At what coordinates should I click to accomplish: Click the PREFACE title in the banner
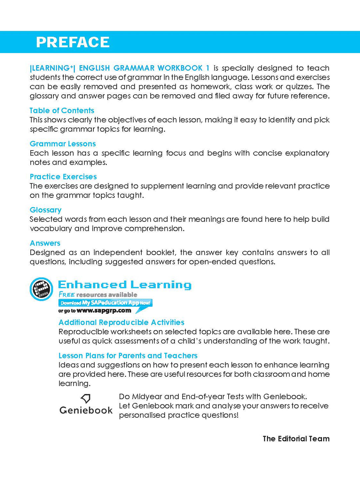pos(73,42)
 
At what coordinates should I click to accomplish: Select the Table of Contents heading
pos(62,111)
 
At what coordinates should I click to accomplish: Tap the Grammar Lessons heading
pos(63,144)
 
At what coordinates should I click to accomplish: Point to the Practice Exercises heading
pos(63,177)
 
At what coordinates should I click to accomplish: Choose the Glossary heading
pos(46,210)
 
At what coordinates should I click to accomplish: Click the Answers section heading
pos(45,243)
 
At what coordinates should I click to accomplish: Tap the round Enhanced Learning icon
pos(41,289)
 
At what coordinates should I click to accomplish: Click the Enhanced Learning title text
pos(125,285)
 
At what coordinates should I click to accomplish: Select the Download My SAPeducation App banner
pos(105,303)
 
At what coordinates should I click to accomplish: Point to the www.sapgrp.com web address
pos(104,311)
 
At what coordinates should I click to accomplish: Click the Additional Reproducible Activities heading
pos(121,322)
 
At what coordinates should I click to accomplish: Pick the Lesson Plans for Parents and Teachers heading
pos(128,356)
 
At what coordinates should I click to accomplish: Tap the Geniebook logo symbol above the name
pos(86,398)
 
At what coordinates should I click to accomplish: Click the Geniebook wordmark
pos(86,410)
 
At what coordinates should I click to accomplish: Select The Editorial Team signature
pos(296,439)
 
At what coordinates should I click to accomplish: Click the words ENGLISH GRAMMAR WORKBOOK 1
pos(144,68)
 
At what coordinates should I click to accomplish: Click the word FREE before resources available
pos(67,294)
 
